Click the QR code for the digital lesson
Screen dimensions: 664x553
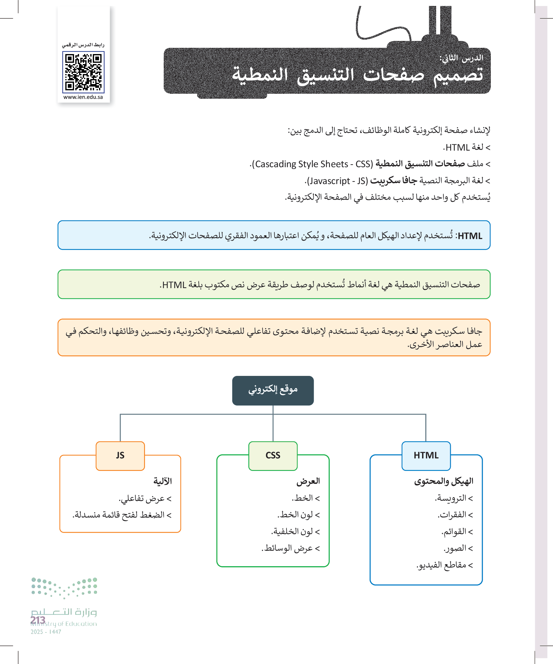click(x=83, y=72)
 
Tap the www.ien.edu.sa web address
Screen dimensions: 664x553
click(x=83, y=97)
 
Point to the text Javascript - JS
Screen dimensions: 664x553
click(x=337, y=181)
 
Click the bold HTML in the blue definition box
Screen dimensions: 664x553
click(x=470, y=236)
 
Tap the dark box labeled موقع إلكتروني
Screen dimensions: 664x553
click(x=273, y=390)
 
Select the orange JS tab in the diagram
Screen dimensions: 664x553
click(x=120, y=455)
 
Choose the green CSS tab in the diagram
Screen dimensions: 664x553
click(x=273, y=455)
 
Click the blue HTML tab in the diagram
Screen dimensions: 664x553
click(x=426, y=455)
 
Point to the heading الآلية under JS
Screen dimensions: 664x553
click(x=162, y=481)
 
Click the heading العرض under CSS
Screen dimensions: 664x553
click(x=308, y=481)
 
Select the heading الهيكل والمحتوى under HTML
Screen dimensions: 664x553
click(x=444, y=481)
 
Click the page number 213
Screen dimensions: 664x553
click(x=38, y=620)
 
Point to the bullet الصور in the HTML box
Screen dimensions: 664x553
click(x=456, y=548)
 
